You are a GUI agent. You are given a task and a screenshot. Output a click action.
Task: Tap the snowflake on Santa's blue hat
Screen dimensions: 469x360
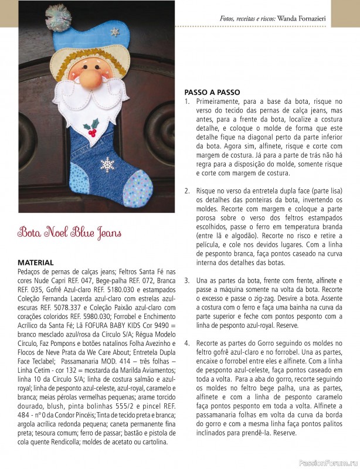(x=115, y=32)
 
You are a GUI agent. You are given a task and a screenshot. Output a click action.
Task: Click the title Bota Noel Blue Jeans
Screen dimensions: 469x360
(x=69, y=233)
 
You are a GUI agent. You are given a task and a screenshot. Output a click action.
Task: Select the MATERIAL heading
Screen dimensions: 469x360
(x=36, y=263)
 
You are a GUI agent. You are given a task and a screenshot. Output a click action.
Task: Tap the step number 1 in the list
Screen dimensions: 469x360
(x=187, y=101)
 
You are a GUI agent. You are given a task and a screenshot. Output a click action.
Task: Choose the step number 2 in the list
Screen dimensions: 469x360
(x=187, y=192)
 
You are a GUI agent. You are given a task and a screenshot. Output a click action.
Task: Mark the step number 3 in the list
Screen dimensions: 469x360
(x=187, y=281)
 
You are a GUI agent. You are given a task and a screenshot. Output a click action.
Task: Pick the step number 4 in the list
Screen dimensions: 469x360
(x=187, y=342)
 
